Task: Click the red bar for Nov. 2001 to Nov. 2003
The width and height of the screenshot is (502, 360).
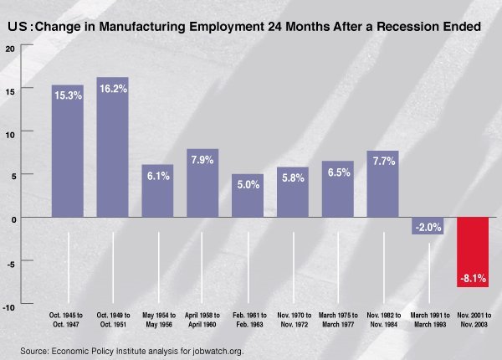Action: click(x=472, y=251)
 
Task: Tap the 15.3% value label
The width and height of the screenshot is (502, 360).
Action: click(x=68, y=95)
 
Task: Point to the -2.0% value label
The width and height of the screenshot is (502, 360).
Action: click(x=428, y=227)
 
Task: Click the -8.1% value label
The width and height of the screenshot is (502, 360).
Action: click(x=472, y=277)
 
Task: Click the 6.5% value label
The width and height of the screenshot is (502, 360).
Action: click(x=337, y=172)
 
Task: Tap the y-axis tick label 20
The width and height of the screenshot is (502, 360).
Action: click(x=11, y=47)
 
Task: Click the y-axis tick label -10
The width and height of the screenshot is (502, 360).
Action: click(x=9, y=307)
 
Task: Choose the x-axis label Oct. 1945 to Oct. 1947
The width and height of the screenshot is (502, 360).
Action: click(x=68, y=319)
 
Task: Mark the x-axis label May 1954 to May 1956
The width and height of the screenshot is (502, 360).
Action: click(x=157, y=319)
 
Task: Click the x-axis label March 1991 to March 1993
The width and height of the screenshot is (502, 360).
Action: click(x=428, y=319)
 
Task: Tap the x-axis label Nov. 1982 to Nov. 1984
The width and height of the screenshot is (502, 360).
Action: click(x=382, y=319)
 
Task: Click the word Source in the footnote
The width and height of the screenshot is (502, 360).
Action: click(x=36, y=349)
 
